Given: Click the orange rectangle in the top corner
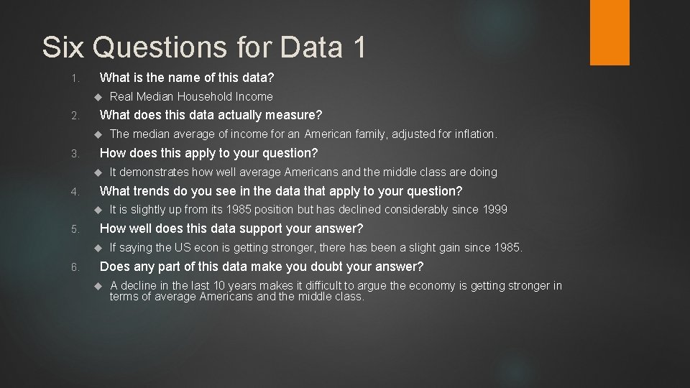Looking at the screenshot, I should [x=609, y=32].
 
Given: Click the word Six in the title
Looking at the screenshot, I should [x=63, y=47].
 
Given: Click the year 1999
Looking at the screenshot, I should [x=494, y=209].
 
